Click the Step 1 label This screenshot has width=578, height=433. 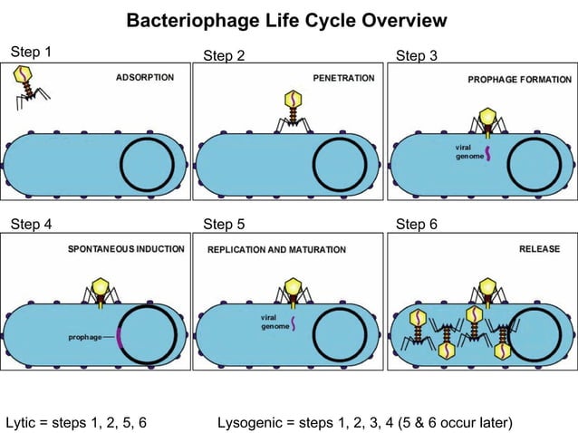click(31, 52)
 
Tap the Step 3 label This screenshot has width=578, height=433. click(417, 56)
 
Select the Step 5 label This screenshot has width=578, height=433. click(224, 224)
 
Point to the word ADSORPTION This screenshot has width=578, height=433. click(145, 78)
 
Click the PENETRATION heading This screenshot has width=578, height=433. click(343, 79)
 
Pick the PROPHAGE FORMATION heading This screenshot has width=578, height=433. click(517, 80)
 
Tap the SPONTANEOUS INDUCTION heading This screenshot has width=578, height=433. click(126, 248)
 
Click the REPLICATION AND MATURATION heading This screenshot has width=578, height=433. click(276, 249)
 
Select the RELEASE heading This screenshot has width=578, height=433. click(539, 248)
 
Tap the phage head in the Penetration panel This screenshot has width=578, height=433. click(293, 97)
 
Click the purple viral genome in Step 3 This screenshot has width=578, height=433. click(487, 152)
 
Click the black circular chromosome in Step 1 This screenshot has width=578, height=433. click(146, 166)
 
